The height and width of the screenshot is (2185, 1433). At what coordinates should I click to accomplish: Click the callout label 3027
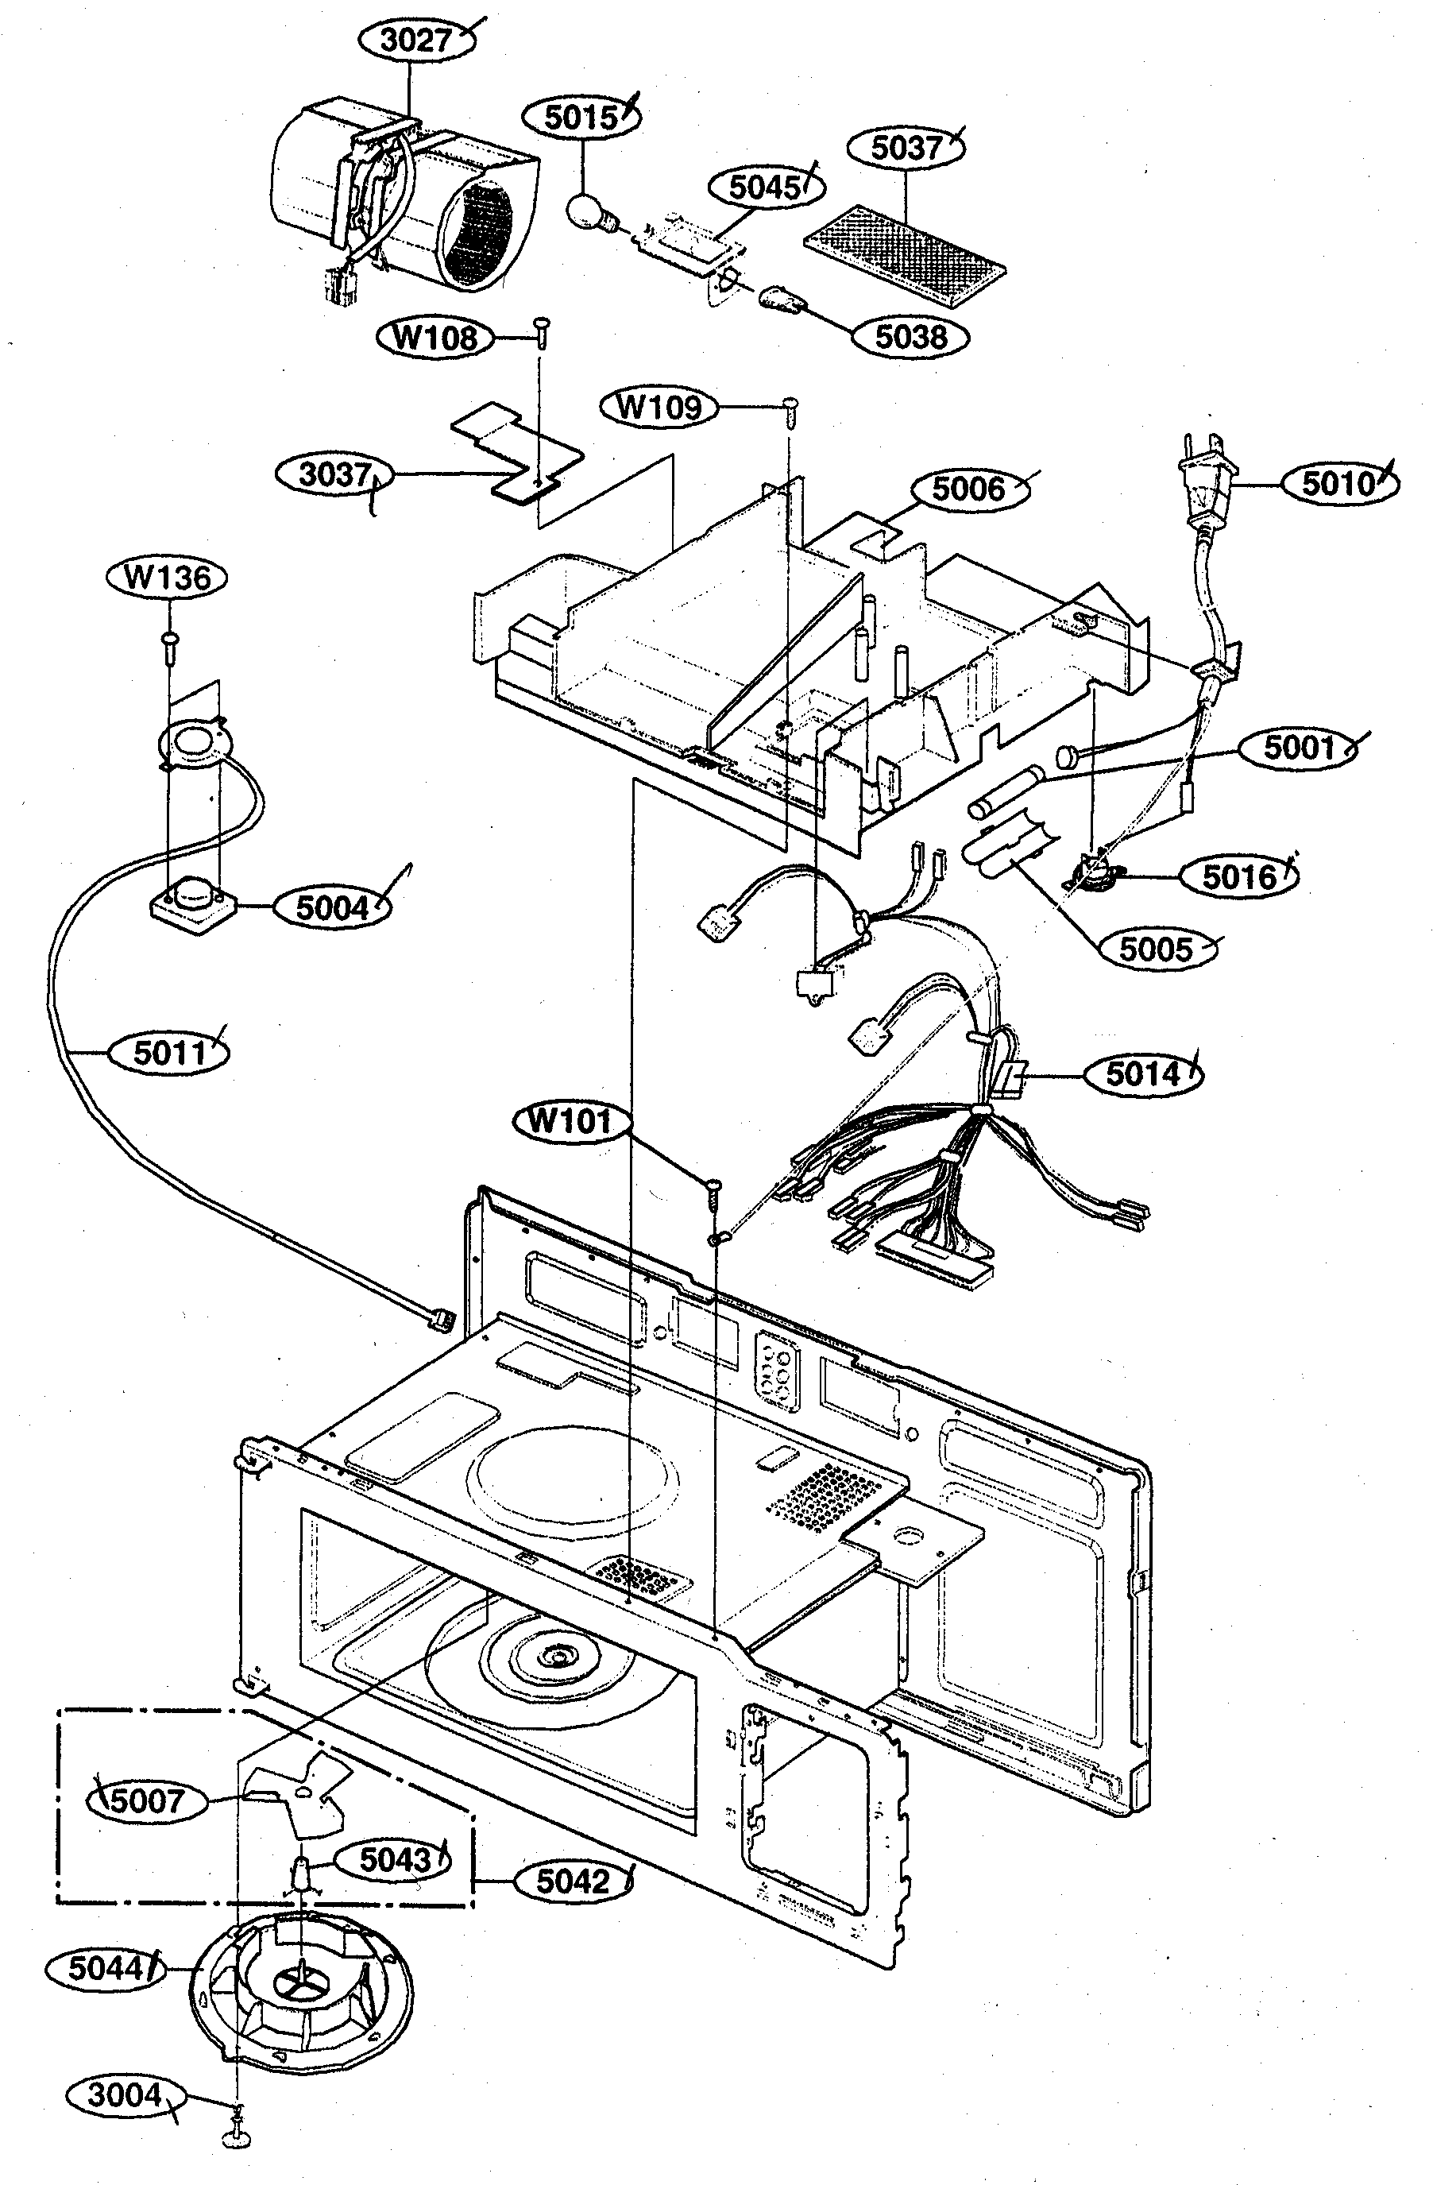(416, 41)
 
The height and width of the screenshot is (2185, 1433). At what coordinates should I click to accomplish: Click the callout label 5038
(910, 337)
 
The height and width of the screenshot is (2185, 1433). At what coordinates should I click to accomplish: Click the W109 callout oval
(659, 406)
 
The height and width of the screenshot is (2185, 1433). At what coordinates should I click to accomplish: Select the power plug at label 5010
(1203, 486)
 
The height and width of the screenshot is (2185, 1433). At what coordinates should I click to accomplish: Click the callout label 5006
(968, 489)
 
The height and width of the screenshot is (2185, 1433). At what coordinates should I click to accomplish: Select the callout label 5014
(1143, 1073)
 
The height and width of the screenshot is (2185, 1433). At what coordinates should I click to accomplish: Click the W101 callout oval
(570, 1120)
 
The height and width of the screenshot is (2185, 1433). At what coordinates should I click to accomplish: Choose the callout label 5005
(1156, 949)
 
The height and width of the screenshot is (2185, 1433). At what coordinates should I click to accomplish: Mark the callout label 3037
(334, 474)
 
